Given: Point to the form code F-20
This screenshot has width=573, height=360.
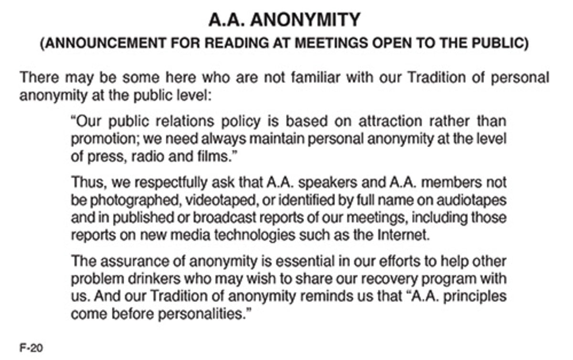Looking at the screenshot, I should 31,348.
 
